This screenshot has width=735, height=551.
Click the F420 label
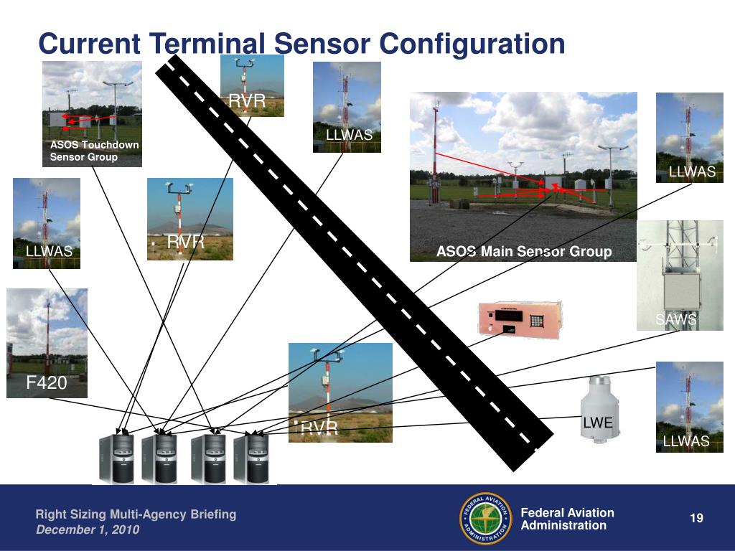pos(47,384)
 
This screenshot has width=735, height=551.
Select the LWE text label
pos(597,423)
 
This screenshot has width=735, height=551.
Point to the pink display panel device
pos(520,318)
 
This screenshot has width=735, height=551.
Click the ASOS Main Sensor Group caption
pos(524,252)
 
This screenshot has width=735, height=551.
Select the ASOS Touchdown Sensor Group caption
pos(94,151)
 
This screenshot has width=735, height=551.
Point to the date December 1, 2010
pos(88,530)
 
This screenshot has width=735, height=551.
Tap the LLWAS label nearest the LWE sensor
pos(685,441)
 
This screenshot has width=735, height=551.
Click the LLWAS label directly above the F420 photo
pos(49,251)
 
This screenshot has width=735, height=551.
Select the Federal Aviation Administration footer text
pos(567,519)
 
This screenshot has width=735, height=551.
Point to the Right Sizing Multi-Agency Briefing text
pos(136,514)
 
